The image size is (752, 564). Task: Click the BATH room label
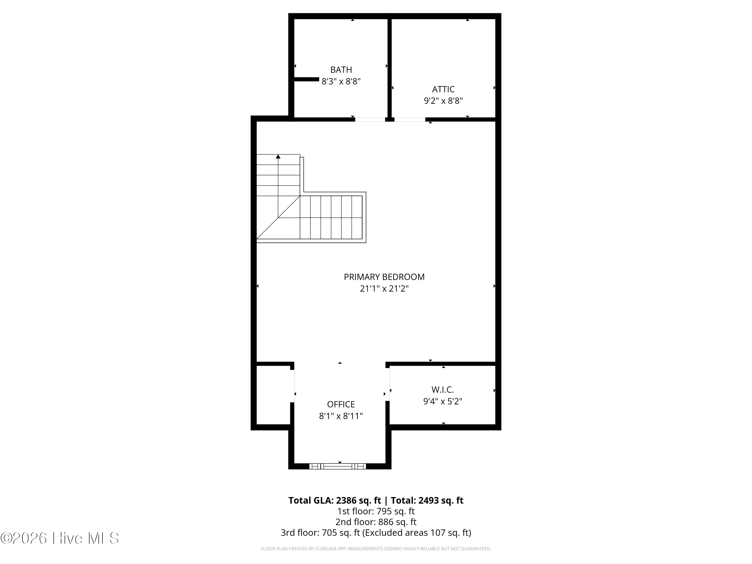point(341,70)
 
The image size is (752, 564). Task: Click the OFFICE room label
point(341,404)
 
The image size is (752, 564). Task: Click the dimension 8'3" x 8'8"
point(341,81)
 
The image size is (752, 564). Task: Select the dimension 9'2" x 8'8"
point(443,101)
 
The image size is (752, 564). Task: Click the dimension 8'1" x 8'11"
point(341,416)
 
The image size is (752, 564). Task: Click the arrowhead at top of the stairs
point(278,156)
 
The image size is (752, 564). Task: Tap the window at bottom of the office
point(338,466)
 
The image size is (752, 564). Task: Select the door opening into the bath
point(370,119)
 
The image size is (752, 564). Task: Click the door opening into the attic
point(410,119)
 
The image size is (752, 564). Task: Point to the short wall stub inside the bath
point(306,79)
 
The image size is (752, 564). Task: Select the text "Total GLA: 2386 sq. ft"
point(335,500)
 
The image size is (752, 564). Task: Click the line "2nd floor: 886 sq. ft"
point(376,522)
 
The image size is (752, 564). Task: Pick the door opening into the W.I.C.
point(388,385)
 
